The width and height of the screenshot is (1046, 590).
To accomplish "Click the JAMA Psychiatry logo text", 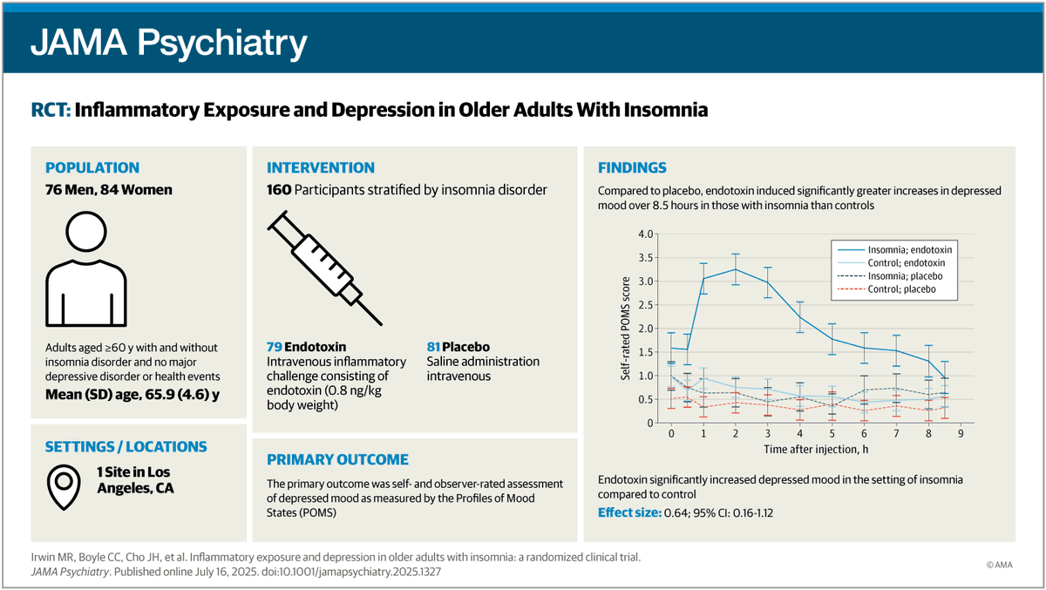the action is [x=168, y=43].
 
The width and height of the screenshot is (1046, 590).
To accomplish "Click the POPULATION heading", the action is [x=92, y=167].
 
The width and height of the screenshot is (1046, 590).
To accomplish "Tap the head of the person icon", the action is [x=86, y=232].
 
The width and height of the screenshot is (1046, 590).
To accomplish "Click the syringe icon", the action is [x=325, y=268].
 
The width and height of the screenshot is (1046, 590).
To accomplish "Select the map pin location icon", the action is [x=64, y=487].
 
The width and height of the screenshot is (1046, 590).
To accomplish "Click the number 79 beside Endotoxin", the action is [x=274, y=347].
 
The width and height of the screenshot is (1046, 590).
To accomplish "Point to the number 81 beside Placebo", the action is [x=433, y=347].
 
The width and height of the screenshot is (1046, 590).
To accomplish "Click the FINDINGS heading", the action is [x=632, y=167].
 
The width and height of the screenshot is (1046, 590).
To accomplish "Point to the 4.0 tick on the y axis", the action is [x=646, y=234].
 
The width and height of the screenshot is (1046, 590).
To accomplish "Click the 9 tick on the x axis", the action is [x=961, y=434].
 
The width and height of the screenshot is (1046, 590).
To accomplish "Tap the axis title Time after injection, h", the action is [x=816, y=450].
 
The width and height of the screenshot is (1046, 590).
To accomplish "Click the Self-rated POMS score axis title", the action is [x=625, y=329].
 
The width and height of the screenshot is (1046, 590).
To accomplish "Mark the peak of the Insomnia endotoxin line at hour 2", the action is [x=736, y=269].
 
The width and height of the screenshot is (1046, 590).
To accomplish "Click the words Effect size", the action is [x=629, y=512].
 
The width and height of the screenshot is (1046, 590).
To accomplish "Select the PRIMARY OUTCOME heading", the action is [x=337, y=460].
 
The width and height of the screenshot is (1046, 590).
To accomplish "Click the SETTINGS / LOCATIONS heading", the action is [x=126, y=447].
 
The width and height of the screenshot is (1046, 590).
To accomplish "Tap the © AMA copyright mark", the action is [x=999, y=565].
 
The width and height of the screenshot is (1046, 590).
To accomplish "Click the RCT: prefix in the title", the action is [x=51, y=110].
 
